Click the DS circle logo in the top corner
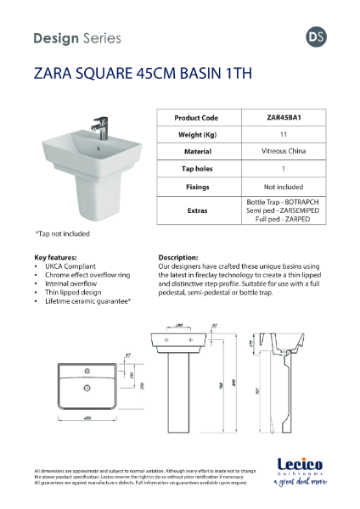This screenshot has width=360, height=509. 315,37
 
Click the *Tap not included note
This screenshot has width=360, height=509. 62,232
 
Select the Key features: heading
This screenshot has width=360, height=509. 55,256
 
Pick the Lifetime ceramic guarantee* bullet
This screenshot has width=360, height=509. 87,301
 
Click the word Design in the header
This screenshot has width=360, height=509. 55,38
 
